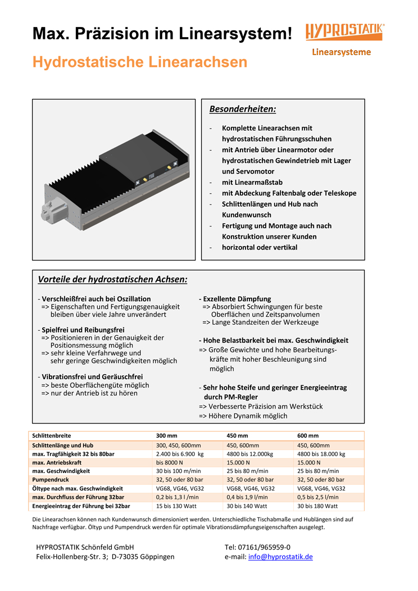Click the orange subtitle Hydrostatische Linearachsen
click(x=140, y=62)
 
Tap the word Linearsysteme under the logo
click(x=341, y=52)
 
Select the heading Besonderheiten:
click(x=242, y=108)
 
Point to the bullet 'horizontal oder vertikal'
click(x=260, y=247)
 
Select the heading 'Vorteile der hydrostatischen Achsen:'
click(x=112, y=279)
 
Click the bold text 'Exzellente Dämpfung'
click(x=237, y=299)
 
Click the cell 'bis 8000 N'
click(x=171, y=462)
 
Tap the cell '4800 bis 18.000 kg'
click(x=321, y=454)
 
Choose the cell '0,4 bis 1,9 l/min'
click(x=247, y=497)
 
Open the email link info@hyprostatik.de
click(x=280, y=557)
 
